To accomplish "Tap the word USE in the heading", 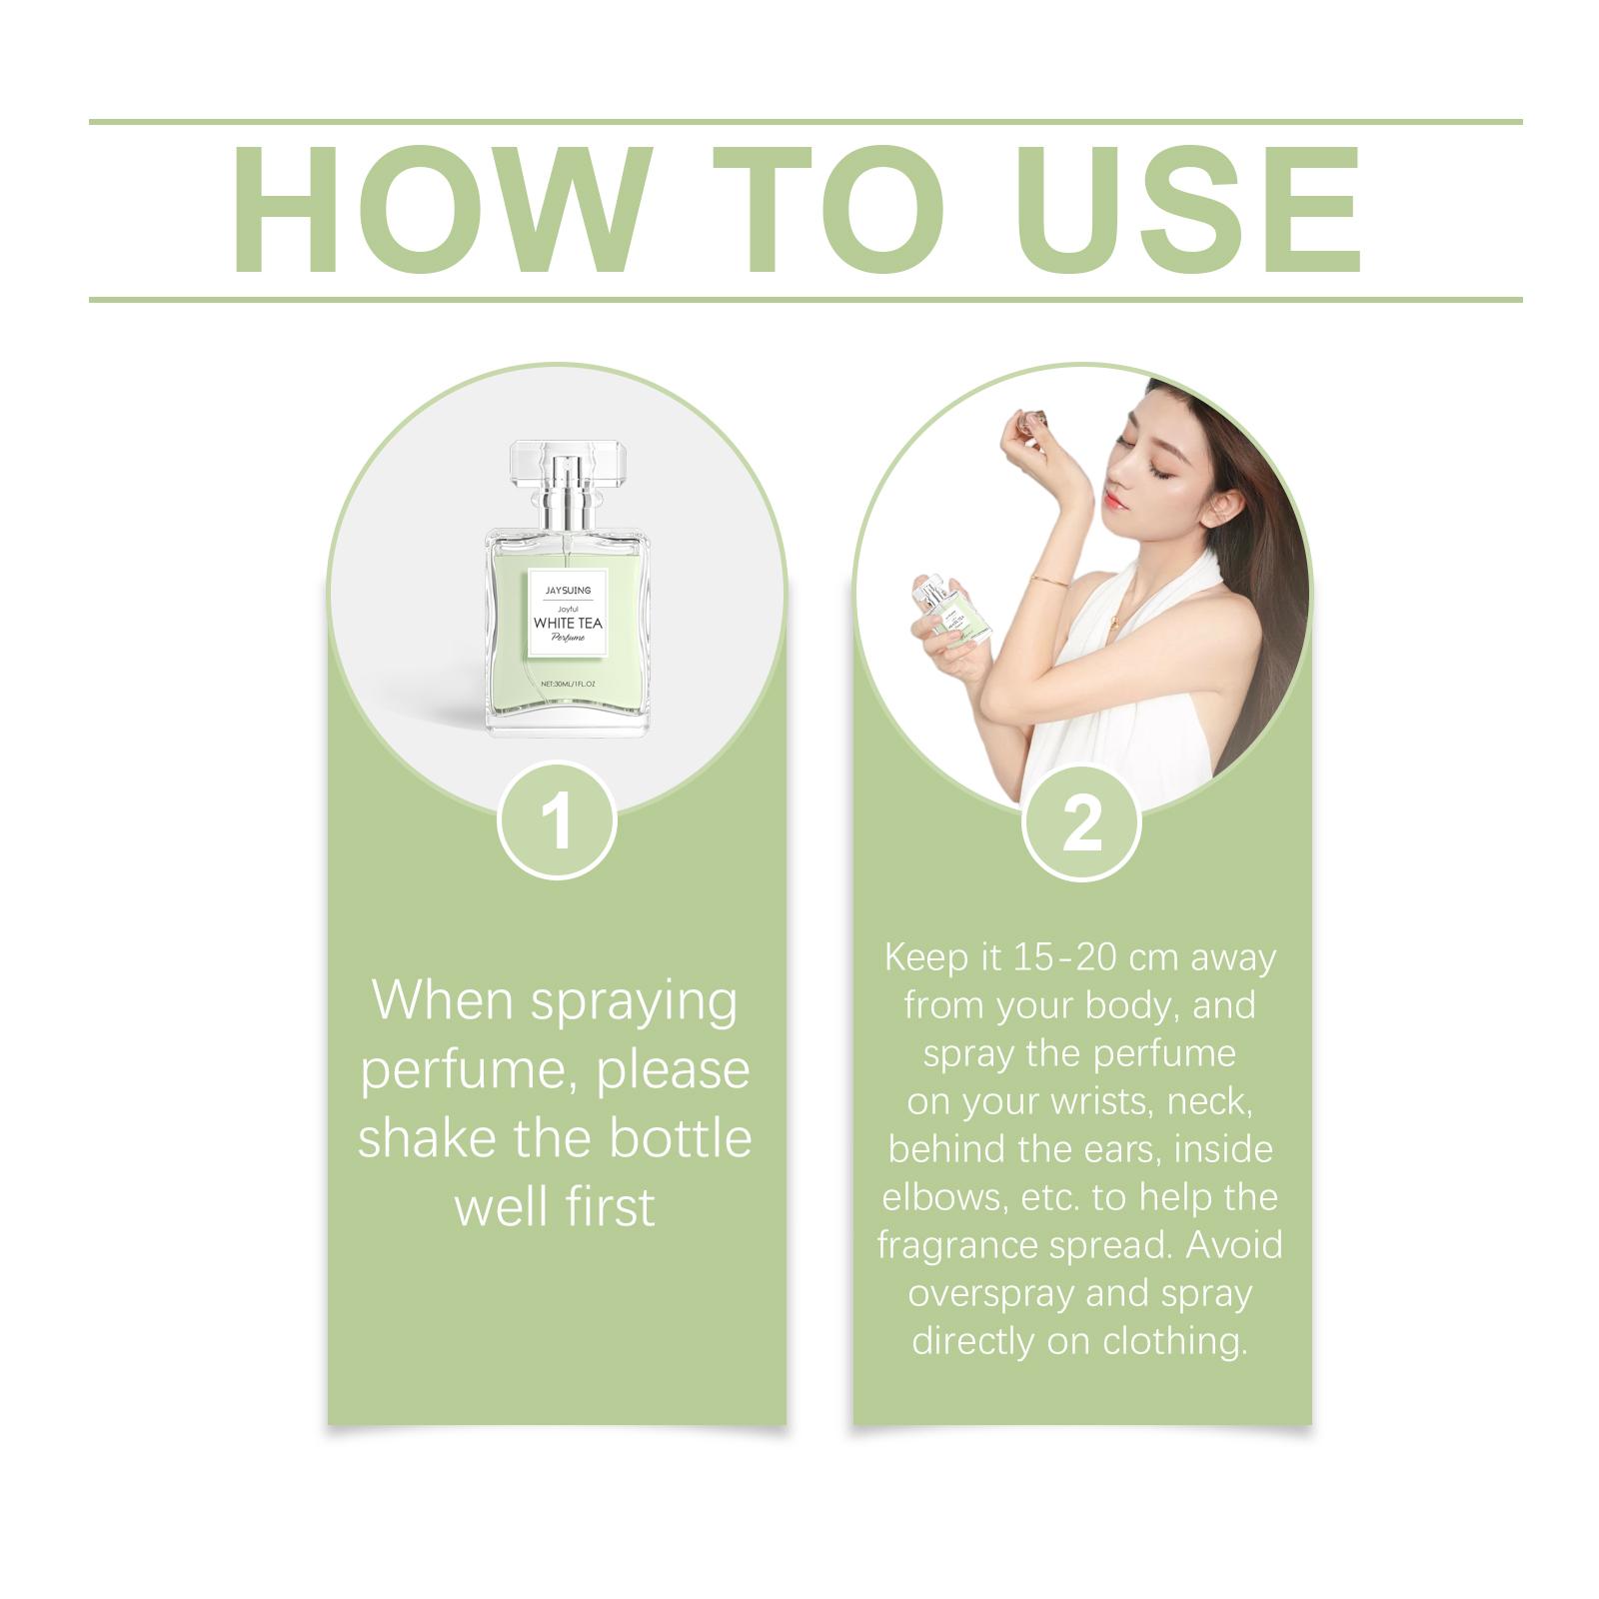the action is coord(1190,210).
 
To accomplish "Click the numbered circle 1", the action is coord(557,820).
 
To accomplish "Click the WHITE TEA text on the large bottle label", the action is coord(568,623).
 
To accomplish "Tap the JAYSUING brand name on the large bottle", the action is coord(568,591).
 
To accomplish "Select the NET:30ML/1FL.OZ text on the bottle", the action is coord(568,684).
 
